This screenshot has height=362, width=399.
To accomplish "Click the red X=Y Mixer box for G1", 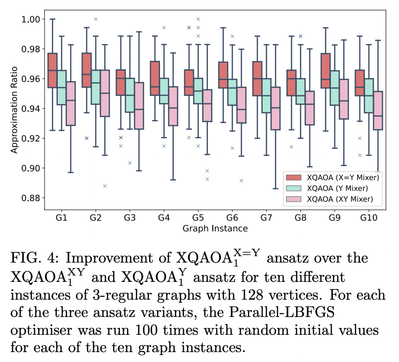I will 52,70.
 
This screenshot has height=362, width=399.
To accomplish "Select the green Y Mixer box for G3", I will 129,95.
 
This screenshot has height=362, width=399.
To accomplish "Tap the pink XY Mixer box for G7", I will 276,108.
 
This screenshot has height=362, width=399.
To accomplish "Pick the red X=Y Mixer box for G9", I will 325,71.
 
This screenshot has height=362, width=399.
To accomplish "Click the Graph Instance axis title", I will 215,228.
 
